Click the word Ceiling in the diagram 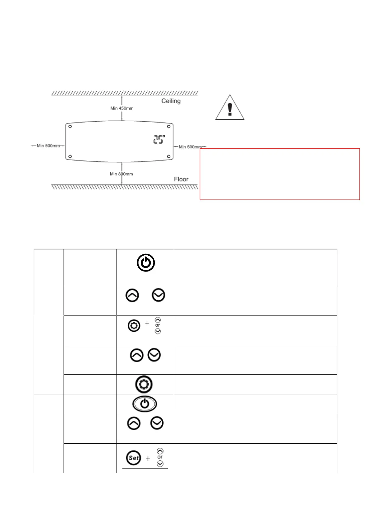pyautogui.click(x=171, y=101)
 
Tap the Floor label pyautogui.click(x=181, y=179)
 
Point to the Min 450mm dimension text pyautogui.click(x=122, y=108)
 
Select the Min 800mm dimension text pyautogui.click(x=121, y=174)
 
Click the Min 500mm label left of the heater pyautogui.click(x=48, y=146)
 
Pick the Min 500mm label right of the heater pyautogui.click(x=190, y=147)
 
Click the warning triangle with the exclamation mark pyautogui.click(x=230, y=108)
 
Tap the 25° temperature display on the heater pyautogui.click(x=159, y=139)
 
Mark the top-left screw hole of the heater pyautogui.click(x=70, y=126)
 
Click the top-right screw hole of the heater pyautogui.click(x=169, y=126)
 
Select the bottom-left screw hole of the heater pyautogui.click(x=70, y=157)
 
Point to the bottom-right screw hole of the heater pyautogui.click(x=169, y=157)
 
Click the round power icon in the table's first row pyautogui.click(x=145, y=263)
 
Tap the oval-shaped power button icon pyautogui.click(x=145, y=404)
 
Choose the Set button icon pyautogui.click(x=134, y=458)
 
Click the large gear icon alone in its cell pyautogui.click(x=144, y=384)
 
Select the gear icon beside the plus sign pyautogui.click(x=134, y=326)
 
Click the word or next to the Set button pyautogui.click(x=160, y=457)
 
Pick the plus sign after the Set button pyautogui.click(x=148, y=459)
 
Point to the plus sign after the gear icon pyautogui.click(x=147, y=323)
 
